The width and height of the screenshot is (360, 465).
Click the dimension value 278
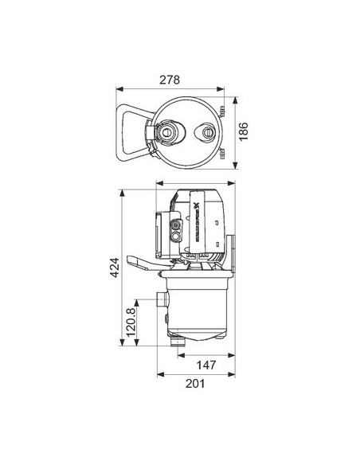click(169, 80)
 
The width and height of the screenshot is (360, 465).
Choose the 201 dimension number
click(195, 384)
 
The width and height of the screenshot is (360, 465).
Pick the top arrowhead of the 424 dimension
click(119, 192)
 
